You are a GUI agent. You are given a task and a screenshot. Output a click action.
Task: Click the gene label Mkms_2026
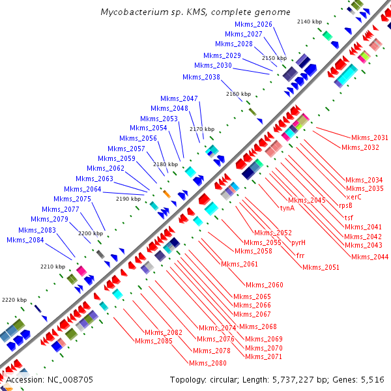pyautogui.click(x=256, y=24)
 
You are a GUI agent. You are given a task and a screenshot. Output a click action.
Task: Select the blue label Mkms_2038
pyautogui.click(x=201, y=77)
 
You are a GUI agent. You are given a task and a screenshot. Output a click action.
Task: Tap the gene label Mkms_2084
pyautogui.click(x=25, y=240)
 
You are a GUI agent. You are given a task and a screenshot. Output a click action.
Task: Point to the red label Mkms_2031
pyautogui.click(x=369, y=138)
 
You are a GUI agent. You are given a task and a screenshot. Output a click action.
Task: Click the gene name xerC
pyautogui.click(x=354, y=196)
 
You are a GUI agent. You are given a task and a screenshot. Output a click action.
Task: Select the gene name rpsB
pyautogui.click(x=346, y=205)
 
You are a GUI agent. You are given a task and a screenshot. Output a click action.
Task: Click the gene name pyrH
pyautogui.click(x=298, y=242)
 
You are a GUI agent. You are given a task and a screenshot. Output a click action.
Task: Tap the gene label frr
pyautogui.click(x=300, y=255)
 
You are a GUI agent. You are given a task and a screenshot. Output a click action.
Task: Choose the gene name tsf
pyautogui.click(x=349, y=217)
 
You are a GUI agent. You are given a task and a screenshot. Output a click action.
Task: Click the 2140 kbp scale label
pyautogui.click(x=310, y=22)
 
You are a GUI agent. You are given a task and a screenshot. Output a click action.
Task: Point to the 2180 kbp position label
pyautogui.click(x=165, y=165)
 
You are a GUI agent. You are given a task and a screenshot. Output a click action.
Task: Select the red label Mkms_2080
pyautogui.click(x=208, y=363)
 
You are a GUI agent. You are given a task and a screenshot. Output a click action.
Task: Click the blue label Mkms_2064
pyautogui.click(x=83, y=189)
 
